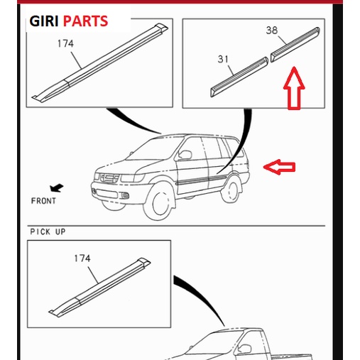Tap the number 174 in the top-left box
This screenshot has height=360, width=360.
pyautogui.click(x=65, y=44)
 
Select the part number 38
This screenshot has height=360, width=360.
pyautogui.click(x=273, y=31)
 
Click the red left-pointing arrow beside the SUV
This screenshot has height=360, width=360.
pyautogui.click(x=279, y=168)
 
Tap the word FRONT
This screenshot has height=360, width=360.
pyautogui.click(x=43, y=201)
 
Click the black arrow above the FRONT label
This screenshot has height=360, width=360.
pyautogui.click(x=56, y=187)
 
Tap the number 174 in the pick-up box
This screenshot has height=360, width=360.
pyautogui.click(x=82, y=258)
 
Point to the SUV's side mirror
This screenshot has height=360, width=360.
pyautogui.click(x=185, y=154)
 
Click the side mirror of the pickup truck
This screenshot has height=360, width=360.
pyautogui.click(x=246, y=348)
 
